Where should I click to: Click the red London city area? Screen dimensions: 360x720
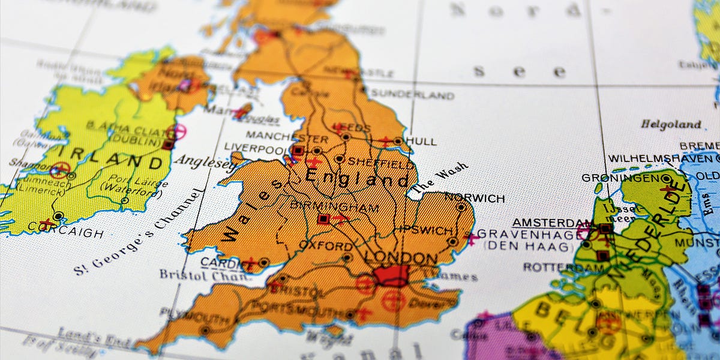pyautogui.click(x=391, y=277)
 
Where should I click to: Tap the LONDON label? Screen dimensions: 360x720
pyautogui.click(x=401, y=258)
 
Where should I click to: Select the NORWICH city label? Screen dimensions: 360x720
pyautogui.click(x=474, y=197)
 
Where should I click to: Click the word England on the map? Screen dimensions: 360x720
pyautogui.click(x=358, y=178)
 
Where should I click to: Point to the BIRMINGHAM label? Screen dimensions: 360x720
pyautogui.click(x=334, y=206)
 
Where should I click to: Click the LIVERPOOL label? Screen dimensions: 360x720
pyautogui.click(x=254, y=148)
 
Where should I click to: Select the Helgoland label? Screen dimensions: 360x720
pyautogui.click(x=670, y=124)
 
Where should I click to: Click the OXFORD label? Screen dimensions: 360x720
pyautogui.click(x=326, y=246)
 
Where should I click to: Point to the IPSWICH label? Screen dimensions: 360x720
pyautogui.click(x=423, y=230)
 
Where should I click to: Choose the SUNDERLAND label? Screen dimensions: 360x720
pyautogui.click(x=412, y=94)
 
